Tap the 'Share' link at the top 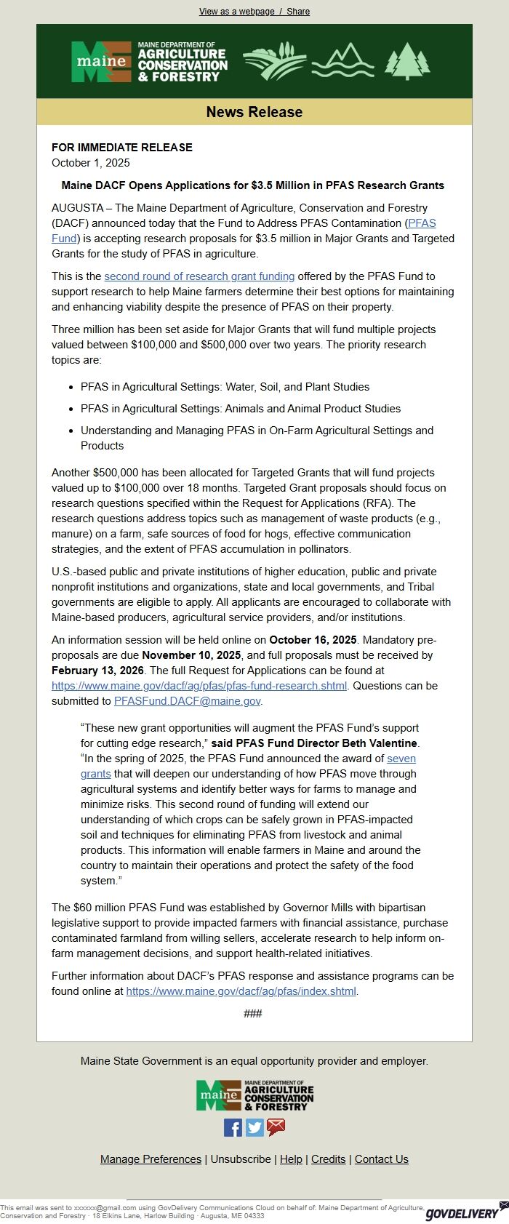pos(298,12)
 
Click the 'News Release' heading pos(254,112)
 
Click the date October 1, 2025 pos(91,163)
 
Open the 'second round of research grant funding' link pos(199,276)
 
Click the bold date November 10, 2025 pos(191,655)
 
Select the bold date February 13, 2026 pos(97,671)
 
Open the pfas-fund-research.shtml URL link pos(199,686)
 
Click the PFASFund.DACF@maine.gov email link pos(187,701)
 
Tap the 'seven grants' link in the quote pos(401,759)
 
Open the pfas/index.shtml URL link pos(241,991)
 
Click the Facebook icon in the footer pos(233,1127)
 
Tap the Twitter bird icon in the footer pos(254,1127)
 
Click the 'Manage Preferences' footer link pos(151,1159)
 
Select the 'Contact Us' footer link pos(381,1159)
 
